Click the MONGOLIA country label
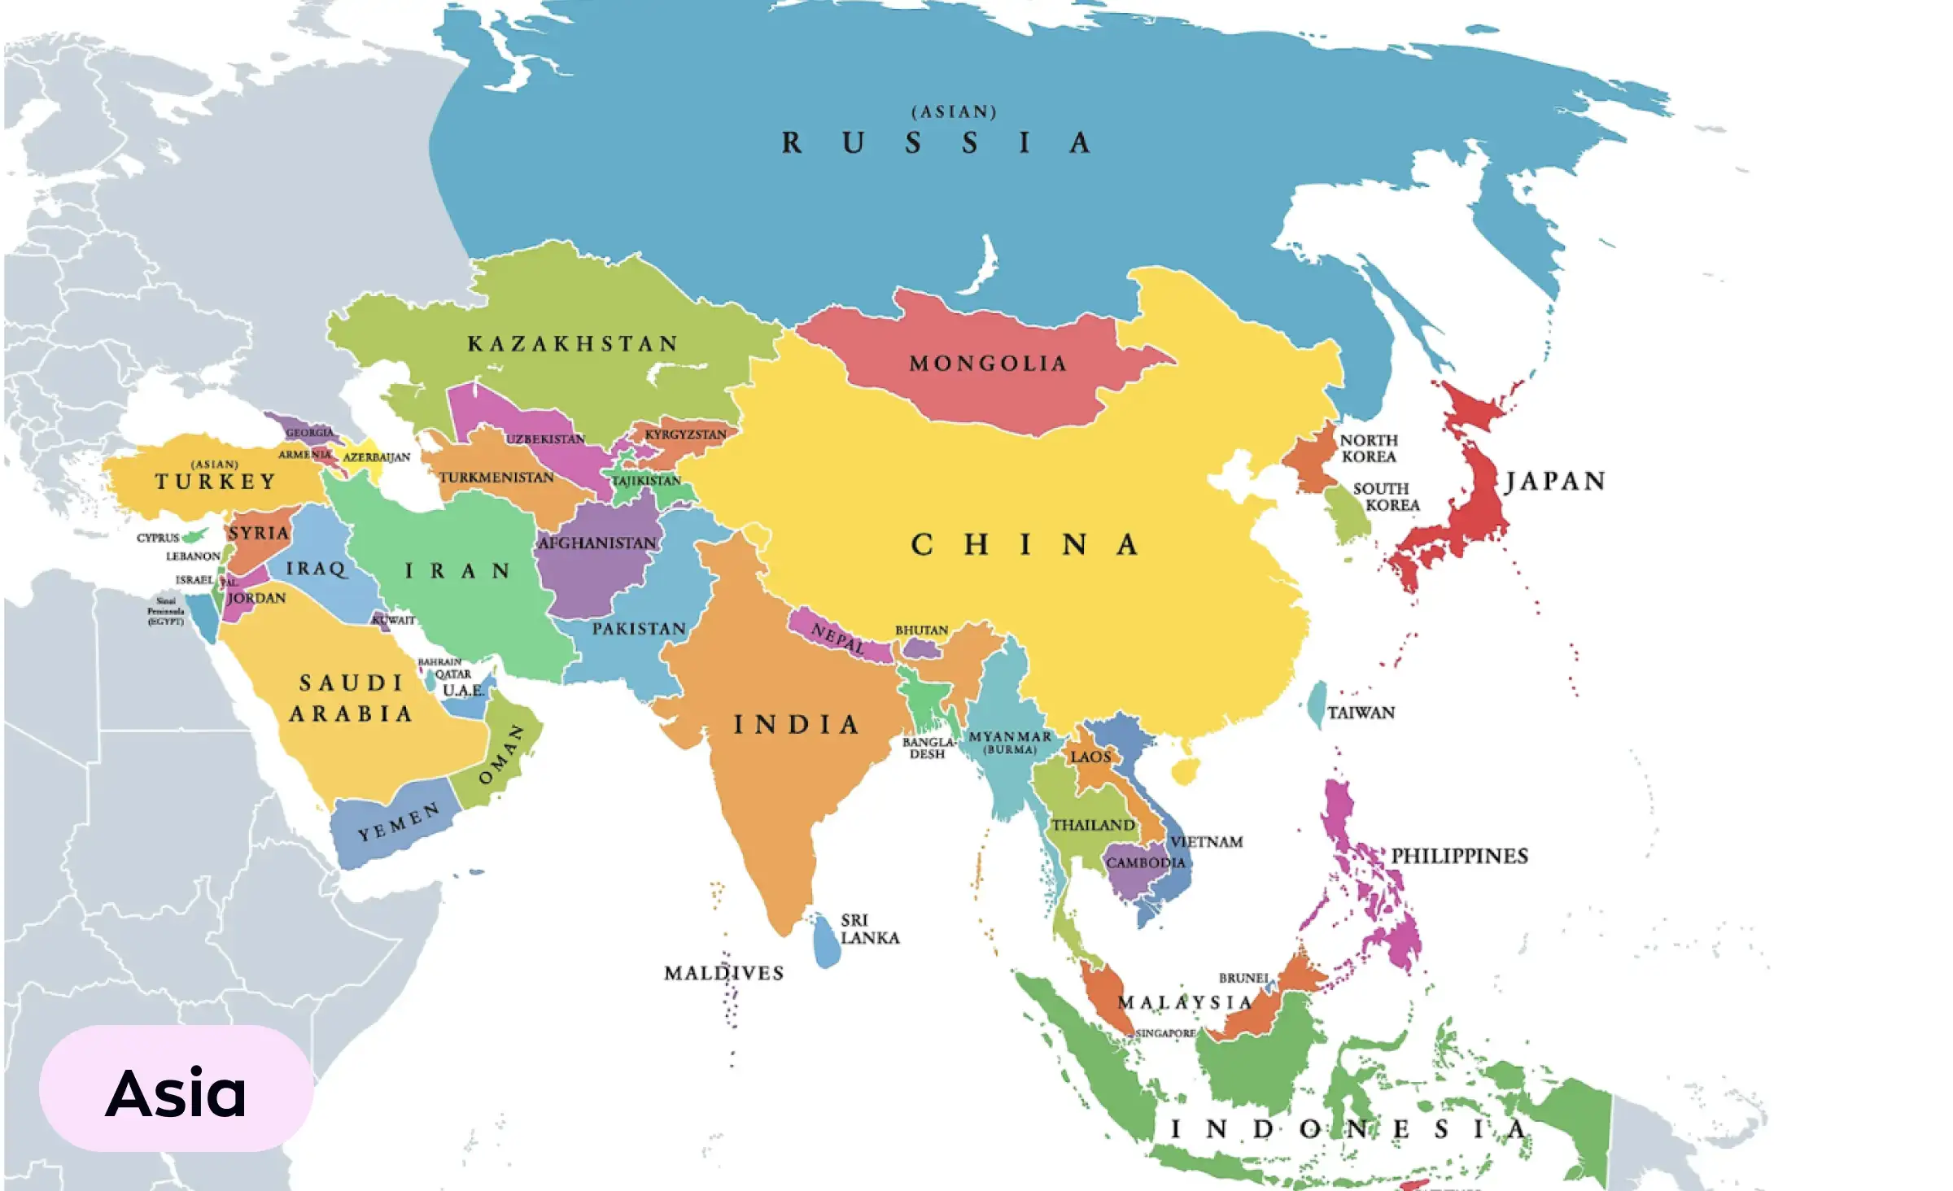point(987,363)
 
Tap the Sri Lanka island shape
point(827,942)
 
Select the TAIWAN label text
point(1361,713)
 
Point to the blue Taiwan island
point(1316,705)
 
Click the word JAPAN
point(1555,481)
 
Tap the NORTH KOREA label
point(1369,448)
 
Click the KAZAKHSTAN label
point(572,343)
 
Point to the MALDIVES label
point(723,973)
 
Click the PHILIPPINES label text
point(1459,856)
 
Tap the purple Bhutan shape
point(921,648)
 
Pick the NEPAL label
point(838,639)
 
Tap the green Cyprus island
point(195,535)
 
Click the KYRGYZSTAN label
point(685,434)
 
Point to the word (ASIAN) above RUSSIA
point(954,111)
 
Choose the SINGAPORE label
point(1165,1033)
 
